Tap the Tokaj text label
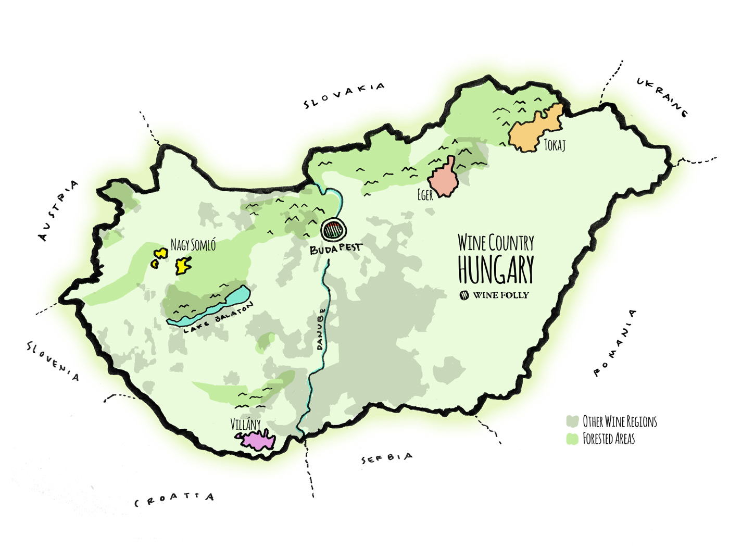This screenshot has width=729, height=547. coord(555,145)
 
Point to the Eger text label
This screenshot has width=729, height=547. coord(425,195)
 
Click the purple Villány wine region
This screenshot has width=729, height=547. coord(258,441)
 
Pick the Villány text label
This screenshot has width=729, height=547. coord(245,425)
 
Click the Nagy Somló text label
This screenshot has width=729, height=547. coord(193,245)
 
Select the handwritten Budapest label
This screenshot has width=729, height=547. coord(335,250)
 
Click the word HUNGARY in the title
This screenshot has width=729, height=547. coord(496,270)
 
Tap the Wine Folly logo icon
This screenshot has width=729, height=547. coord(464,295)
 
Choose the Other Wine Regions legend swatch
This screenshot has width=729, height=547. coord(573,421)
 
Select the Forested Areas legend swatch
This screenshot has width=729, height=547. coord(573,439)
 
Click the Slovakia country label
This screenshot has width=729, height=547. coord(344,95)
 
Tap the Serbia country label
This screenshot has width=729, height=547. coord(387,458)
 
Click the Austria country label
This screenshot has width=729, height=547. coord(59,210)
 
